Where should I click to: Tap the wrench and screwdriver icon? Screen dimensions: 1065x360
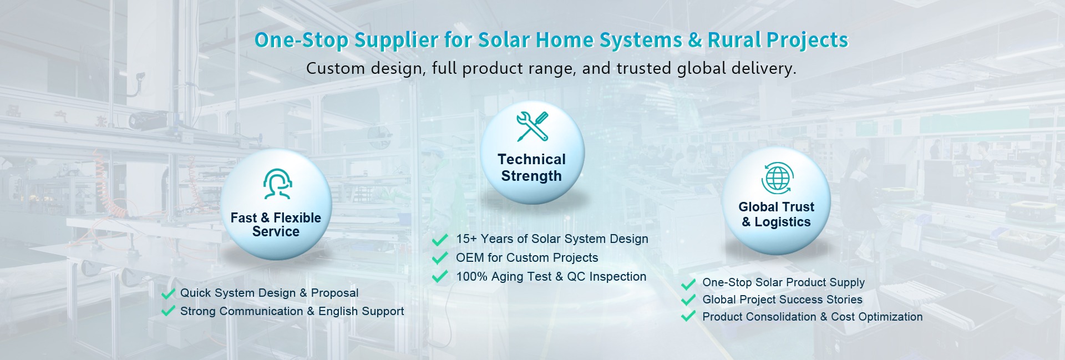point(532,126)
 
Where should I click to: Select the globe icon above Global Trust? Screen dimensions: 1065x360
point(777,178)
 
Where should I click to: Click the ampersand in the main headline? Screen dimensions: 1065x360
point(695,40)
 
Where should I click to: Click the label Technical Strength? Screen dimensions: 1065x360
point(531,168)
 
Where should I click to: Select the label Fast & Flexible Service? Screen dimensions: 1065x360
point(276,225)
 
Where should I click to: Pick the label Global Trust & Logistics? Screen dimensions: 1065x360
point(777,214)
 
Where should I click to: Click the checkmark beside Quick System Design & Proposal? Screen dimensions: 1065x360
point(168,293)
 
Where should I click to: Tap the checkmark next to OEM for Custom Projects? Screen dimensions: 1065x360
point(440,257)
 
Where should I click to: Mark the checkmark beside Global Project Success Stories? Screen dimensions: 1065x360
point(688,300)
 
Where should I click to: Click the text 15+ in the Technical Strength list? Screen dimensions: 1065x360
point(466,239)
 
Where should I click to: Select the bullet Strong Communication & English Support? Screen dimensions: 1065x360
point(292,312)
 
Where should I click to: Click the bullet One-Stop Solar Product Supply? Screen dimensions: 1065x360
point(783,283)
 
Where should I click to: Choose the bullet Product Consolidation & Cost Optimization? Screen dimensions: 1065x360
point(813,317)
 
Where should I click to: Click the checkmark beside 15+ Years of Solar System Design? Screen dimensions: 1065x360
point(440,240)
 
